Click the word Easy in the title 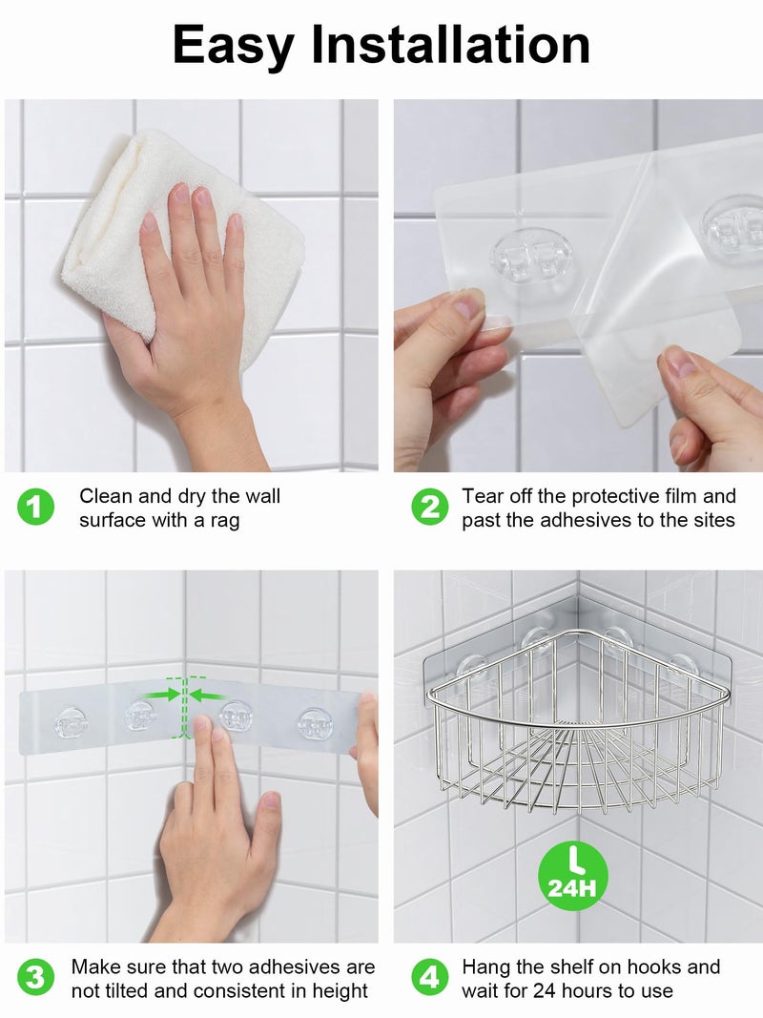click(233, 46)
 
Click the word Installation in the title click(451, 44)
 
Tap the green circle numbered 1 click(35, 507)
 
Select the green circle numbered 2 click(430, 507)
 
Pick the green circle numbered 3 click(35, 978)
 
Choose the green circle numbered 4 click(430, 978)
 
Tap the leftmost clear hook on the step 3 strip click(71, 723)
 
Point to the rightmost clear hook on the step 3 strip click(315, 723)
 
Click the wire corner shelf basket click(577, 721)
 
